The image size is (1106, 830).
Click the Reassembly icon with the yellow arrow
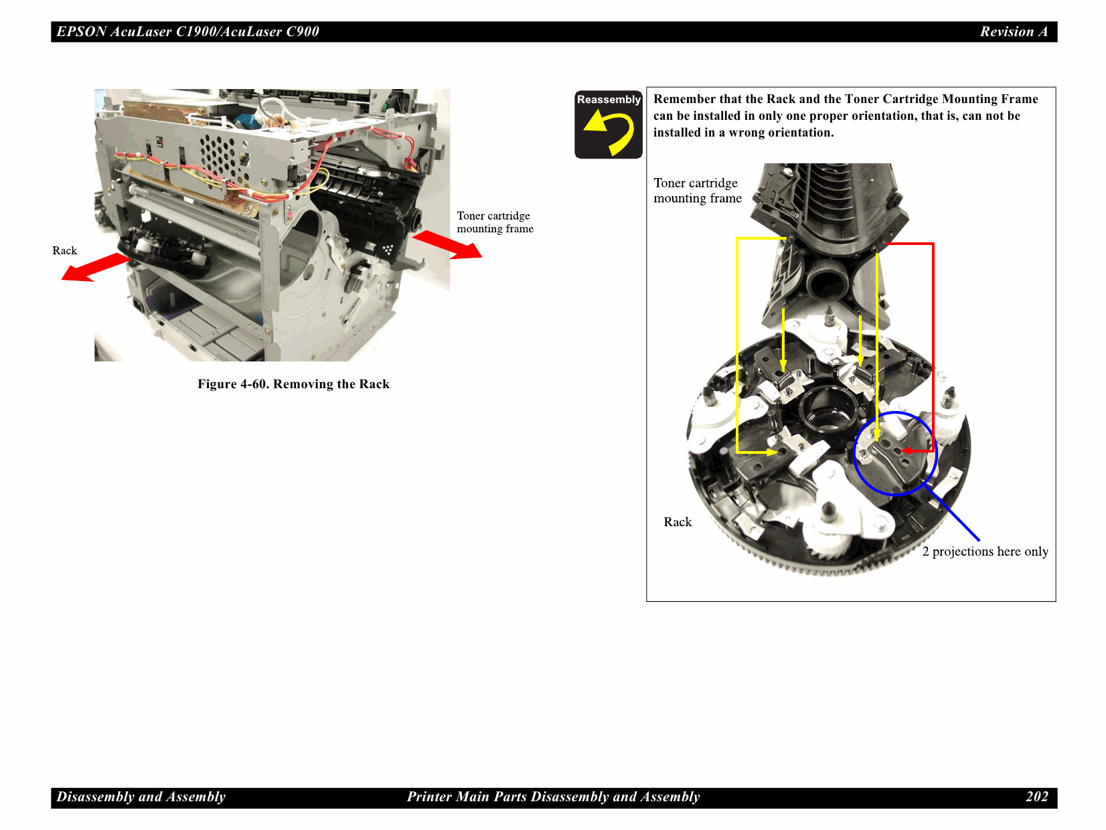608,125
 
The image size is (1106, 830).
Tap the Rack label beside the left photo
65,250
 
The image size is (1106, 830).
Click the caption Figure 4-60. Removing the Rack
293,384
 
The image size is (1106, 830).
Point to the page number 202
1036,797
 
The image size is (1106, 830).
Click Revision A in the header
1014,31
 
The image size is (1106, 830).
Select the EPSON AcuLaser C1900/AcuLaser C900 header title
187,31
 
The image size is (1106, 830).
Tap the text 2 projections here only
985,552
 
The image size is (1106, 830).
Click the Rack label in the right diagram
678,522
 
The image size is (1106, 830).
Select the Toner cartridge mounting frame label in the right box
698,191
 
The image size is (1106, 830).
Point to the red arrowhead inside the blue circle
906,451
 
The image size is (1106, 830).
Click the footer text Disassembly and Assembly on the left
141,797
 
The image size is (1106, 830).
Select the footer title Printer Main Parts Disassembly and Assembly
553,797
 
